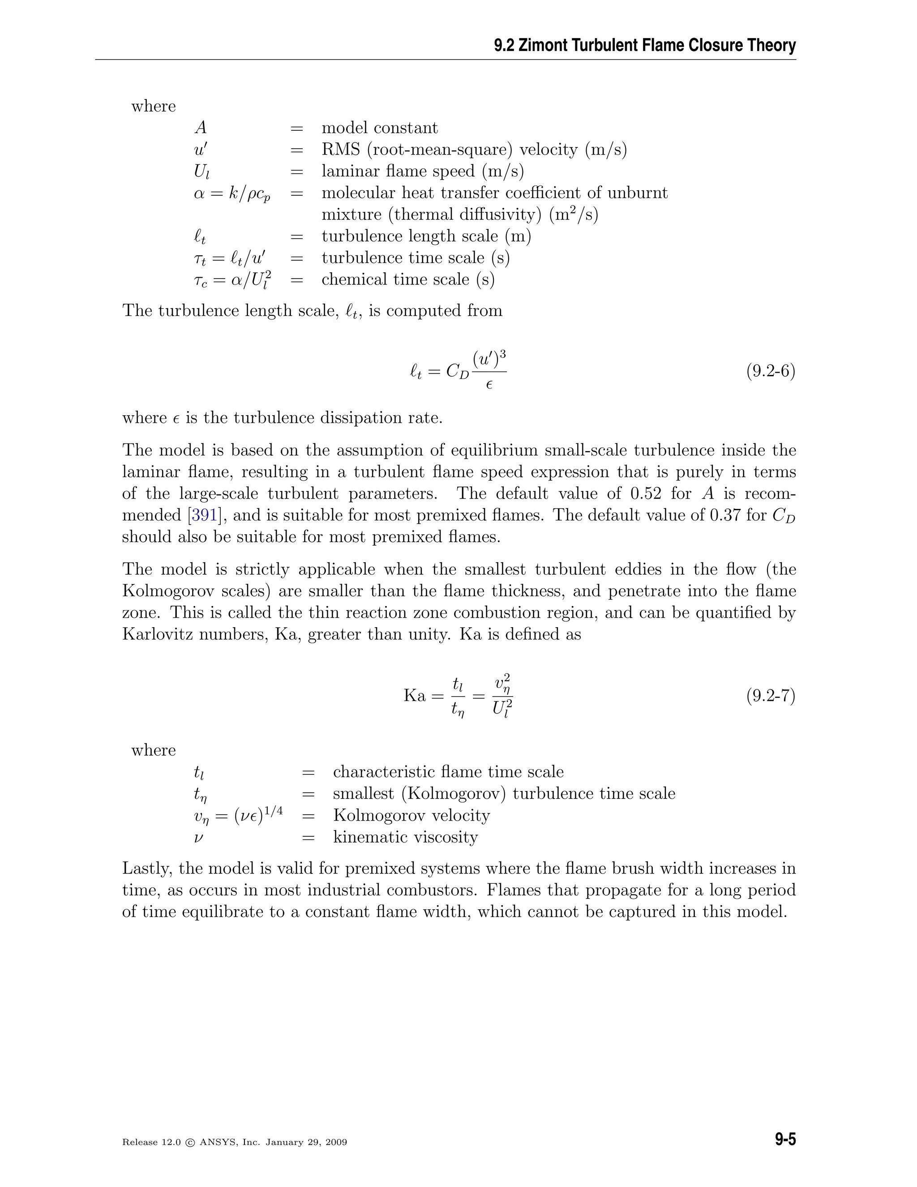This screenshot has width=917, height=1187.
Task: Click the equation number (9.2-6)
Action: point(770,372)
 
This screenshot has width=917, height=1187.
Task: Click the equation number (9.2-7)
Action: point(770,696)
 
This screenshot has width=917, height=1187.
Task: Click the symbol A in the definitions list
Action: point(201,128)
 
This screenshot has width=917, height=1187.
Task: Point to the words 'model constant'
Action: point(379,128)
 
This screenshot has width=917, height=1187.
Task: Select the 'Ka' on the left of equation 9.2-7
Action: point(415,696)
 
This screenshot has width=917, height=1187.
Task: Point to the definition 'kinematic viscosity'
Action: point(405,837)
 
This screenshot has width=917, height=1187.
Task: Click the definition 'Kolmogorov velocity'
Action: point(411,815)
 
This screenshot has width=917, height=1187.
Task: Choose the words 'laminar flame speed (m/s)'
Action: point(423,171)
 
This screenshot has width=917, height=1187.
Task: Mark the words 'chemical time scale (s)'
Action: point(408,280)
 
